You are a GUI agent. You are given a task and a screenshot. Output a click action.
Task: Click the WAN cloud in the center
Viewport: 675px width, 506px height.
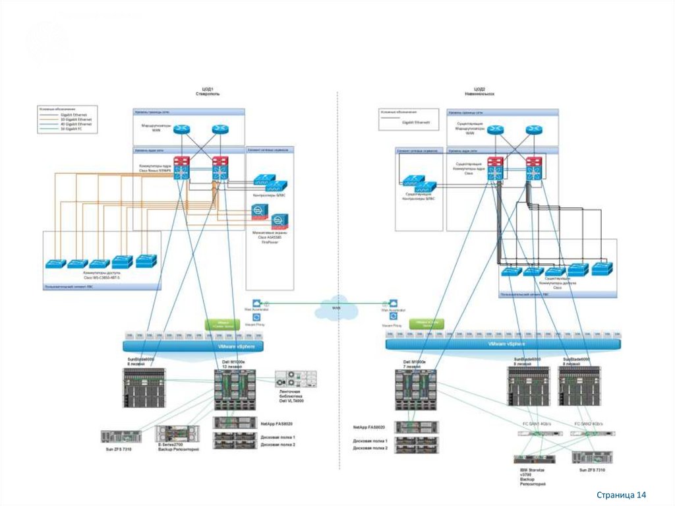point(338,308)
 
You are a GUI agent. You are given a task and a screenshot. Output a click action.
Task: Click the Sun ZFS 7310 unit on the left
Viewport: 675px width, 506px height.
point(121,436)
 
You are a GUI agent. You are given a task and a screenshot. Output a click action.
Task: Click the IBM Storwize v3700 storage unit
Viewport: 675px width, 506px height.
point(533,459)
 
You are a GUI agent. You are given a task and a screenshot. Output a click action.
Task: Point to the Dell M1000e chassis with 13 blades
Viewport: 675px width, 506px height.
point(235,389)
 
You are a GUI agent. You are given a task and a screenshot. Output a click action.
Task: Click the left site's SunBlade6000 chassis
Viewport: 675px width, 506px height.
point(144,387)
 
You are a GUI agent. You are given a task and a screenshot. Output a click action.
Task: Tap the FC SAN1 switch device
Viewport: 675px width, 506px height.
point(533,434)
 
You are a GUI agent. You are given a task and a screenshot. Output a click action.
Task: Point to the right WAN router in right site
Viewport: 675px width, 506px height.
point(533,130)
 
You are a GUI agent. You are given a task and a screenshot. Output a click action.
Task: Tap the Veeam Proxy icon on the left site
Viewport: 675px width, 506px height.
point(256,317)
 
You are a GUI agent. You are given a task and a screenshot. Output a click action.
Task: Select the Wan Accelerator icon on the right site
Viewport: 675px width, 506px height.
point(393,303)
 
